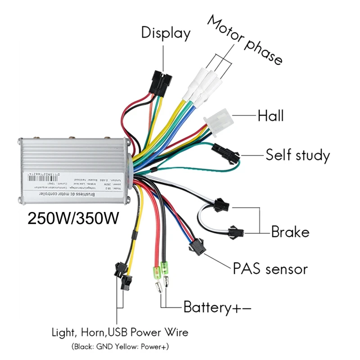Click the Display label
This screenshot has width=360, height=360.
[x=166, y=33]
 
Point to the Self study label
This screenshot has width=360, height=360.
[x=297, y=155]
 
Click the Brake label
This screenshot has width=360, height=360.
[x=290, y=232]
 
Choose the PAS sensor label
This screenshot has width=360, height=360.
[x=270, y=269]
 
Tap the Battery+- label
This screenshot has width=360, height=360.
[x=217, y=308]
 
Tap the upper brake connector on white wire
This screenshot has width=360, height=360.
[x=221, y=205]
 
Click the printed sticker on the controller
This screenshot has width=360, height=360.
[x=76, y=180]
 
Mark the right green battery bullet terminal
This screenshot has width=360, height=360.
[x=165, y=270]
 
